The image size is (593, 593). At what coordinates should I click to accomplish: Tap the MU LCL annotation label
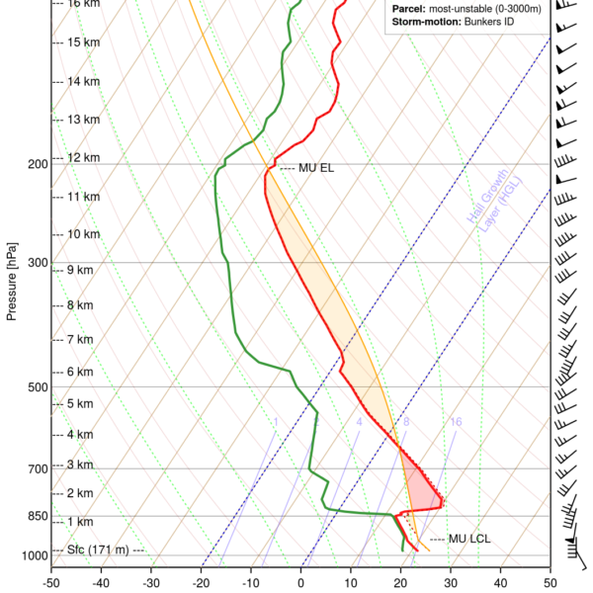[x=469, y=539]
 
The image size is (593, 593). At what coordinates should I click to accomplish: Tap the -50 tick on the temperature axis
[x=51, y=583]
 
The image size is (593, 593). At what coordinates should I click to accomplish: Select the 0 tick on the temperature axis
[x=301, y=583]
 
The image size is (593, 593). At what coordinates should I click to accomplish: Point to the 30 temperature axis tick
[x=451, y=583]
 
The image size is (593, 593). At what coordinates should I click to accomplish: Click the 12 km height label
[x=82, y=157]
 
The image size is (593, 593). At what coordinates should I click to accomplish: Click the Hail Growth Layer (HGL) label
[x=484, y=207]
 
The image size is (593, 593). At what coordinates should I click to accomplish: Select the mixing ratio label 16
[x=456, y=422]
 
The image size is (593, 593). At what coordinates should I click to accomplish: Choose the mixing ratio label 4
[x=359, y=422]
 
